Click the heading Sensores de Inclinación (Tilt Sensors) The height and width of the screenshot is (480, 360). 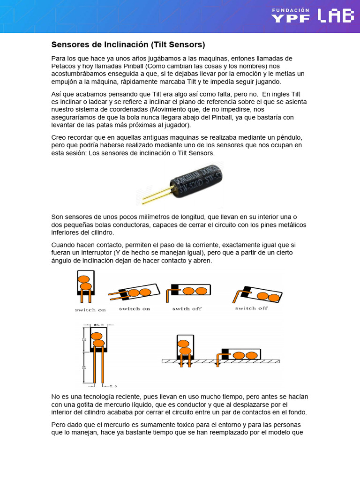[x=128, y=45]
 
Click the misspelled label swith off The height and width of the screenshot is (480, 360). [x=187, y=309]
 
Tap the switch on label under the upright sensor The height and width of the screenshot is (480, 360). [x=90, y=310]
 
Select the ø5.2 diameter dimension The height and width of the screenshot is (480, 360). [x=98, y=324]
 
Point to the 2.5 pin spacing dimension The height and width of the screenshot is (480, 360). [x=113, y=386]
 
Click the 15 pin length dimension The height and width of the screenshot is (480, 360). [x=84, y=368]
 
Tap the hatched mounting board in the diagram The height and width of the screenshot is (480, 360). [x=220, y=361]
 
